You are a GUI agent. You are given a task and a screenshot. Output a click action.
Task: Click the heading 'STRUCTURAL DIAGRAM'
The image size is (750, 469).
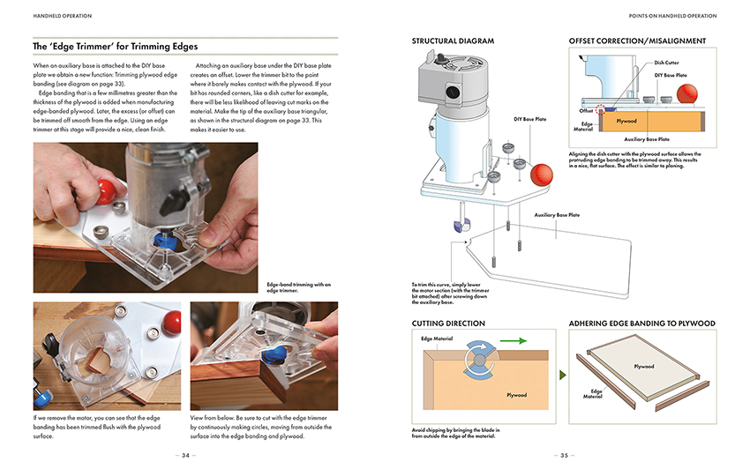(453, 41)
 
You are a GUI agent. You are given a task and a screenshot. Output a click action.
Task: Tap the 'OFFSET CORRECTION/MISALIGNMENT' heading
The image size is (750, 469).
(637, 41)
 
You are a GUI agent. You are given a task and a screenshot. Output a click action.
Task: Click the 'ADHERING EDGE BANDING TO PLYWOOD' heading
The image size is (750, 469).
(642, 324)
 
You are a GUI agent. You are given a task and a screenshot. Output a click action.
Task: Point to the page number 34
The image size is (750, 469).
(185, 456)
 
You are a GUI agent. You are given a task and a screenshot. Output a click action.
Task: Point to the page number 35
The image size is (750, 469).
(565, 456)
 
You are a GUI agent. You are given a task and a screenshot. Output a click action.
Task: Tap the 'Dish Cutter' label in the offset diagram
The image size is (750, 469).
(666, 63)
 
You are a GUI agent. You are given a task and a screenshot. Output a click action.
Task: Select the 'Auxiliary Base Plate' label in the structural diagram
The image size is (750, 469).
(557, 214)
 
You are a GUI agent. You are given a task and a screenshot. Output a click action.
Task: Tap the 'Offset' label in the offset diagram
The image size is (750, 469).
(587, 111)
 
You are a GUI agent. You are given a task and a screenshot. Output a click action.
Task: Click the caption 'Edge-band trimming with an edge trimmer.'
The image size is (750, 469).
(298, 287)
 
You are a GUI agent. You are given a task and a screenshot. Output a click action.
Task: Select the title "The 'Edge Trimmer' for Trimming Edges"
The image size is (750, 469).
(116, 46)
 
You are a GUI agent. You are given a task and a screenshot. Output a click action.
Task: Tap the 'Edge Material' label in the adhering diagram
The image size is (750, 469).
(596, 393)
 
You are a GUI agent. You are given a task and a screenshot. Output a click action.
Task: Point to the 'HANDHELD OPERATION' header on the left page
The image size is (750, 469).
(62, 16)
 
